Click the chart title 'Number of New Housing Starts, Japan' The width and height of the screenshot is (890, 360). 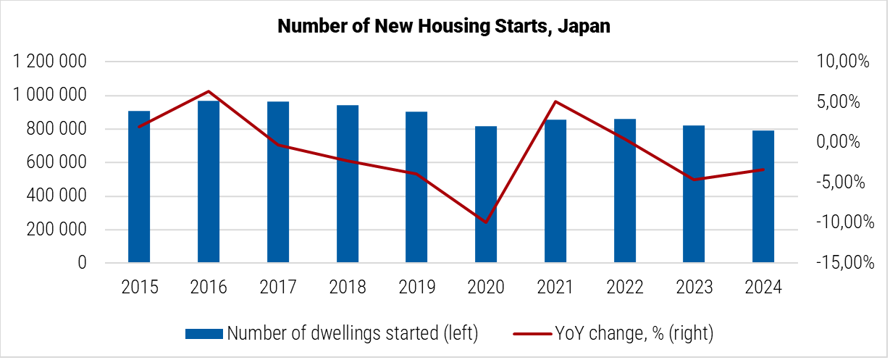tap(444, 27)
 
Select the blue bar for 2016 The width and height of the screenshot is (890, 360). tap(209, 181)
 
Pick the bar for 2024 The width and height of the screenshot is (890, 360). tap(763, 196)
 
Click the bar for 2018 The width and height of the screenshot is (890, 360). tap(347, 183)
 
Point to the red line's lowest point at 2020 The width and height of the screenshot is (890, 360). tap(486, 222)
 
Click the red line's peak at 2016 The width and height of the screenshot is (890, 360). tap(209, 91)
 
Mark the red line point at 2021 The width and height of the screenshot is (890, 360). tap(555, 101)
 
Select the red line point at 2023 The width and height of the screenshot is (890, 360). tap(694, 180)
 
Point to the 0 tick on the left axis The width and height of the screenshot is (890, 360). tap(82, 263)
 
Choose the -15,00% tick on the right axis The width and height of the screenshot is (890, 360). tap(839, 263)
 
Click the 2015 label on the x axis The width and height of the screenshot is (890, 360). tap(139, 288)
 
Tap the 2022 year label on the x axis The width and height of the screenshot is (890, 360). tap(624, 288)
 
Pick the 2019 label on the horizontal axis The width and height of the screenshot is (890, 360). tap(416, 288)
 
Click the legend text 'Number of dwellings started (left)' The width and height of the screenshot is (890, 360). tap(352, 333)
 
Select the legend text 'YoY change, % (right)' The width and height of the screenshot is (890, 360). tap(634, 333)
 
